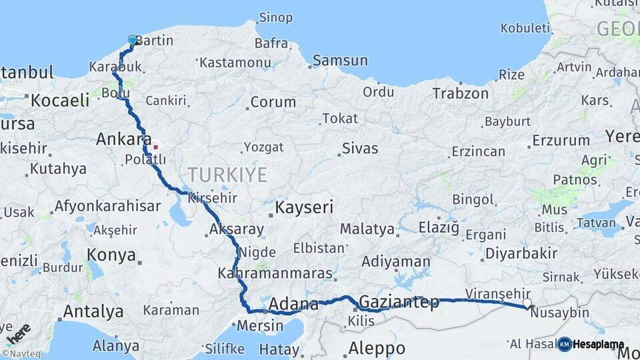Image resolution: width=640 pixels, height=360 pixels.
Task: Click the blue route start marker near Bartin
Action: tap(132, 41)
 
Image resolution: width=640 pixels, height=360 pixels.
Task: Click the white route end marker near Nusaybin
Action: tap(527, 303)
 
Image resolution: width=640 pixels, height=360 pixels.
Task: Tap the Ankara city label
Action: tap(123, 139)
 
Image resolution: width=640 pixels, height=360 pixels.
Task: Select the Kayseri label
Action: tap(304, 207)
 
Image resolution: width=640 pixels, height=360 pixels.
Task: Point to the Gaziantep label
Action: tap(399, 302)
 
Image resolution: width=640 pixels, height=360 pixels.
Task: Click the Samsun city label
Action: tap(340, 61)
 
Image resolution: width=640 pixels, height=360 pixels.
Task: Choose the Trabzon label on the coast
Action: tap(461, 93)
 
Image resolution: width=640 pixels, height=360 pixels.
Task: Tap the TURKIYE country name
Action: tap(227, 175)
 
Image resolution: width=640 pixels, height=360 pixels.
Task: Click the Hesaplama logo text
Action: tap(599, 345)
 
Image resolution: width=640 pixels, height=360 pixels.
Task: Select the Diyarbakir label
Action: tap(521, 253)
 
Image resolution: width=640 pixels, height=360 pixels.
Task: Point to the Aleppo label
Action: tap(377, 348)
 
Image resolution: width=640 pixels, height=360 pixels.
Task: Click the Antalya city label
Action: tap(93, 311)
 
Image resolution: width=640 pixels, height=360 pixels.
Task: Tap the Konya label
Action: tap(112, 255)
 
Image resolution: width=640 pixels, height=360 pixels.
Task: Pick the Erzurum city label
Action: tap(561, 141)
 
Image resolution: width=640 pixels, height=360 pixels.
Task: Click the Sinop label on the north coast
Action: tap(275, 17)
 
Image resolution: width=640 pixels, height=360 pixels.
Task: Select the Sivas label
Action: tap(360, 148)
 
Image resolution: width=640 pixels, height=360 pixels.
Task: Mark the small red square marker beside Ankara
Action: tap(155, 147)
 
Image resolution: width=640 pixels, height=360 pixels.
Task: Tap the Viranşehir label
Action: tap(498, 293)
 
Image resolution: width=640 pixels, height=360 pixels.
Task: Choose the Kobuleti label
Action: tap(525, 28)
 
